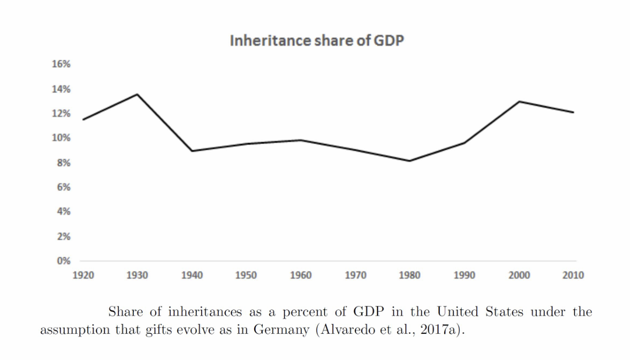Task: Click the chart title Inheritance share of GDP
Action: click(316, 41)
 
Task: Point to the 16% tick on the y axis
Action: click(62, 64)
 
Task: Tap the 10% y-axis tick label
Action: click(62, 138)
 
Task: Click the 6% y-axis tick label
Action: click(64, 187)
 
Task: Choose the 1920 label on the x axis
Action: click(83, 276)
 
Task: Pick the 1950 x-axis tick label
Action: click(246, 276)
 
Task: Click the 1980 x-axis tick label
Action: click(410, 276)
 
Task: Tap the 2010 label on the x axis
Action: click(573, 276)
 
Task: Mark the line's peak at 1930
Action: click(138, 94)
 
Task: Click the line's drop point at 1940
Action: click(192, 151)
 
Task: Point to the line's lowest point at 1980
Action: click(410, 161)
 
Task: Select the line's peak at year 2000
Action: click(519, 101)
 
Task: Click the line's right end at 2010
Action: click(573, 112)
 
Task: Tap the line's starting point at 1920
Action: click(83, 119)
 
